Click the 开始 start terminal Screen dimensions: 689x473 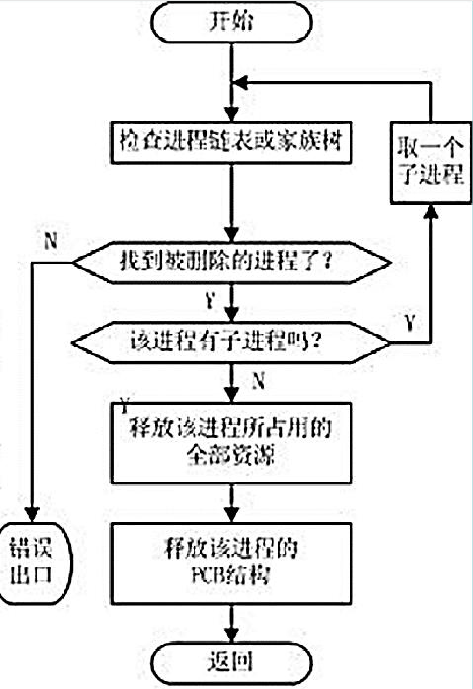click(x=230, y=23)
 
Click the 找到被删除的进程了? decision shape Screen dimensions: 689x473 click(x=230, y=263)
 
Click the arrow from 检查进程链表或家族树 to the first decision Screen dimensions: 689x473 click(x=231, y=203)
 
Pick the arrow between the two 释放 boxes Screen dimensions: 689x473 click(x=231, y=502)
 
